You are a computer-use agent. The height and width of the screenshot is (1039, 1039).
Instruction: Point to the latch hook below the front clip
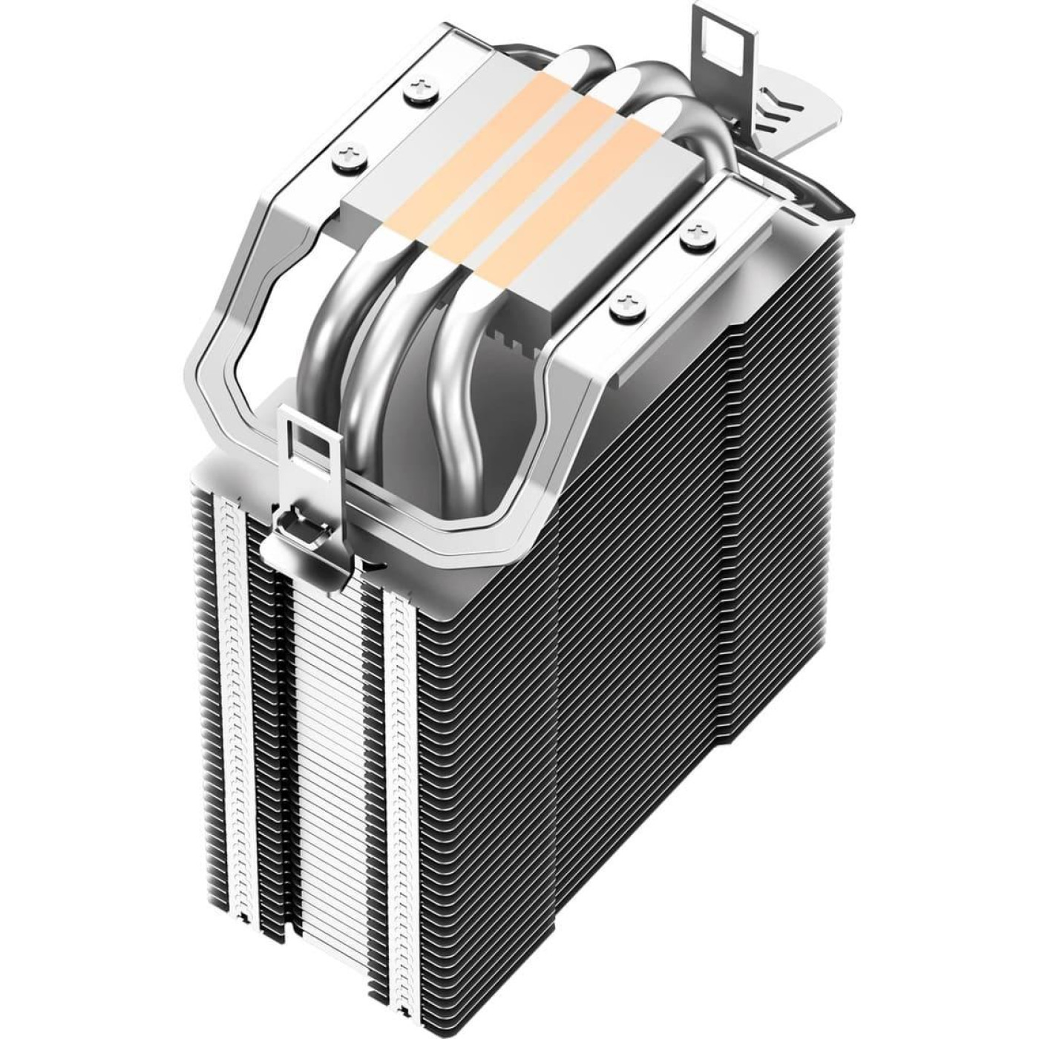point(297,530)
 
